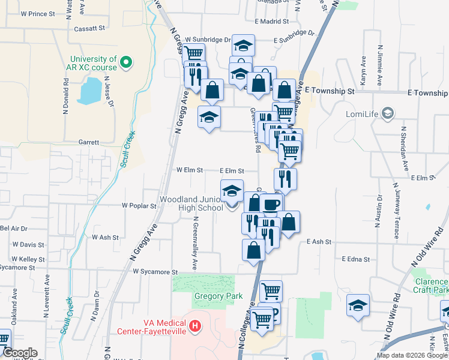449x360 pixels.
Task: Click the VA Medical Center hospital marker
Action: tap(194, 326)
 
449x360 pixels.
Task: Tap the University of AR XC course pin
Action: tap(126, 62)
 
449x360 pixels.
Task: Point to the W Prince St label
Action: tap(37, 13)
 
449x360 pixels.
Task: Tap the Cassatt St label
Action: tap(89, 28)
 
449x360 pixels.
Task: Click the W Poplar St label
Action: tap(139, 205)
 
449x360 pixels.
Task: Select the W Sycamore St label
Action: tap(156, 272)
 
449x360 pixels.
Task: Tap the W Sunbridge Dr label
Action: tap(208, 40)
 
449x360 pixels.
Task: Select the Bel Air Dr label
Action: tap(14, 229)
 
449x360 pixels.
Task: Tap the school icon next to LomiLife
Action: tap(388, 113)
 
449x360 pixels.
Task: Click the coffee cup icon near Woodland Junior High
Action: tap(271, 204)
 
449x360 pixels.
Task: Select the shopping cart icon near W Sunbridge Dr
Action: tap(193, 53)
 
